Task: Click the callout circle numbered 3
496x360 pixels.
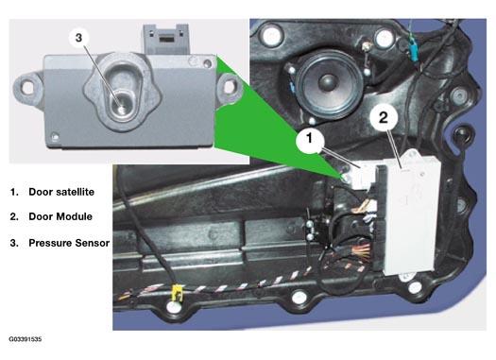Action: click(78, 38)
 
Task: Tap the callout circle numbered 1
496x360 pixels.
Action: click(310, 138)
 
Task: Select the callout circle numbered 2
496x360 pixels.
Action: click(383, 117)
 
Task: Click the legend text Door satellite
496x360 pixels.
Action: click(61, 192)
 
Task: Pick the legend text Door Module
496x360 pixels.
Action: click(60, 216)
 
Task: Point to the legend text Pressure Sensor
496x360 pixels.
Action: click(69, 243)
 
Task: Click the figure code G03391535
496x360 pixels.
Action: click(26, 339)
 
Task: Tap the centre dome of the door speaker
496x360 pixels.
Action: click(328, 80)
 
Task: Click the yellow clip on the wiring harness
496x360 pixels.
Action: click(177, 293)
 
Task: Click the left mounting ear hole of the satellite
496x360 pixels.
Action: click(28, 86)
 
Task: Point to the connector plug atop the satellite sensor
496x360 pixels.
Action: click(166, 39)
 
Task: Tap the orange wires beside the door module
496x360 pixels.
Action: click(363, 249)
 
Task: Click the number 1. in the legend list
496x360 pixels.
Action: click(14, 192)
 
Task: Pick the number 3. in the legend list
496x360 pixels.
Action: click(14, 243)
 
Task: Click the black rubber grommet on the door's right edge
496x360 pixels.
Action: click(463, 134)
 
